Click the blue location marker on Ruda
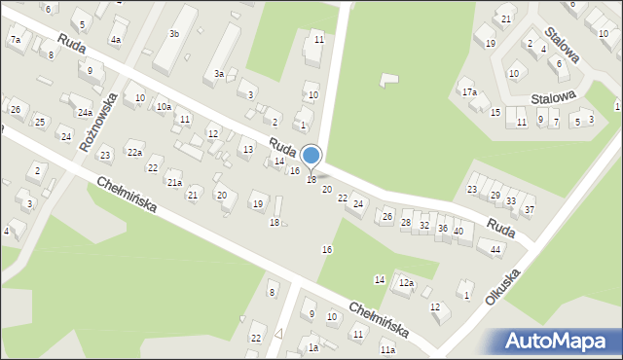[311, 156]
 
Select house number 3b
[174, 34]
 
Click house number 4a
[115, 40]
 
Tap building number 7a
[15, 39]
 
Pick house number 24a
[85, 112]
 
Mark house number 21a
[174, 182]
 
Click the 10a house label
[164, 107]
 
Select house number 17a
[469, 92]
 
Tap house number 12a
[405, 283]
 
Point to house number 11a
[387, 349]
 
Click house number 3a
[220, 74]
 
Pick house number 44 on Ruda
[495, 250]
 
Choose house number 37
[529, 210]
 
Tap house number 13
[247, 149]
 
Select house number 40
[458, 231]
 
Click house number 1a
[312, 347]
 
